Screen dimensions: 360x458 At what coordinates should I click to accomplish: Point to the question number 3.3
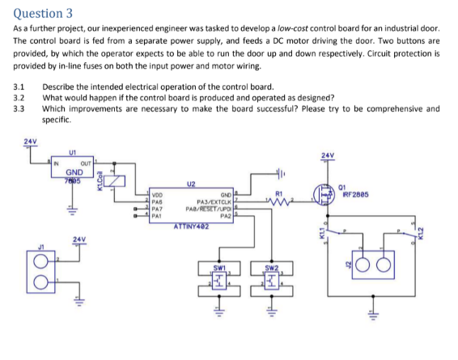point(21,108)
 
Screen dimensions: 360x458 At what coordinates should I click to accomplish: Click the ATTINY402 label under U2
point(191,225)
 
